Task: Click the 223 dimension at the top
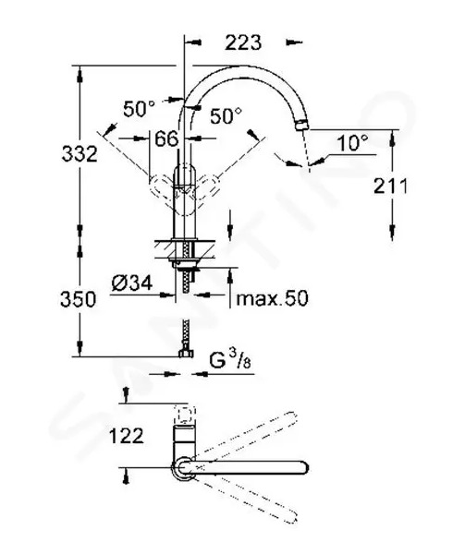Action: pos(243,42)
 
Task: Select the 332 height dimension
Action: pos(80,154)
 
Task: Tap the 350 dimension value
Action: pos(78,299)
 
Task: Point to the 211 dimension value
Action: pos(390,186)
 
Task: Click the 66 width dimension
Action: pos(166,138)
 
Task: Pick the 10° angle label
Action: pos(352,143)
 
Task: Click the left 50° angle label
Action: pos(139,108)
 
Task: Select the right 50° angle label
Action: pos(226,115)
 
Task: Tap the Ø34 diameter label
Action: pos(132,283)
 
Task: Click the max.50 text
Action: pos(272,298)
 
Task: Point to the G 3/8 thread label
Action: pos(230,360)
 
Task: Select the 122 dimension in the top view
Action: pos(127,436)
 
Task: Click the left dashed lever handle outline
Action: pos(162,187)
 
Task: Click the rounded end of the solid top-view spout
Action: pos(303,468)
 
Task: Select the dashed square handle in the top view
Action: pos(185,415)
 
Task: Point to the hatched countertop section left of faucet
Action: pos(163,250)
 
